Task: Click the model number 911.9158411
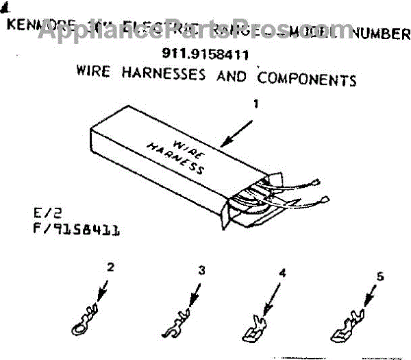click(205, 53)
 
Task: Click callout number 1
click(256, 105)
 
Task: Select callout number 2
click(108, 268)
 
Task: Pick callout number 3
click(201, 270)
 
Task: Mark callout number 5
click(381, 277)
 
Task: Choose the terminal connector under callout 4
click(257, 328)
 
